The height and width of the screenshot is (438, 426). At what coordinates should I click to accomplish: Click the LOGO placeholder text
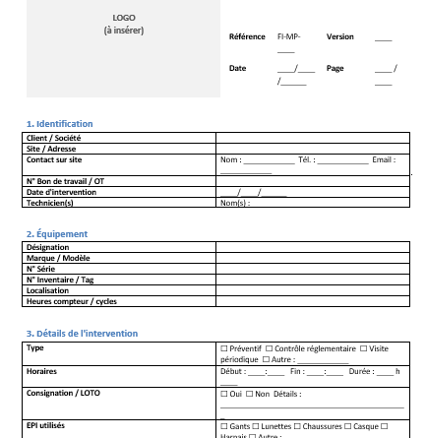pos(125,18)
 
